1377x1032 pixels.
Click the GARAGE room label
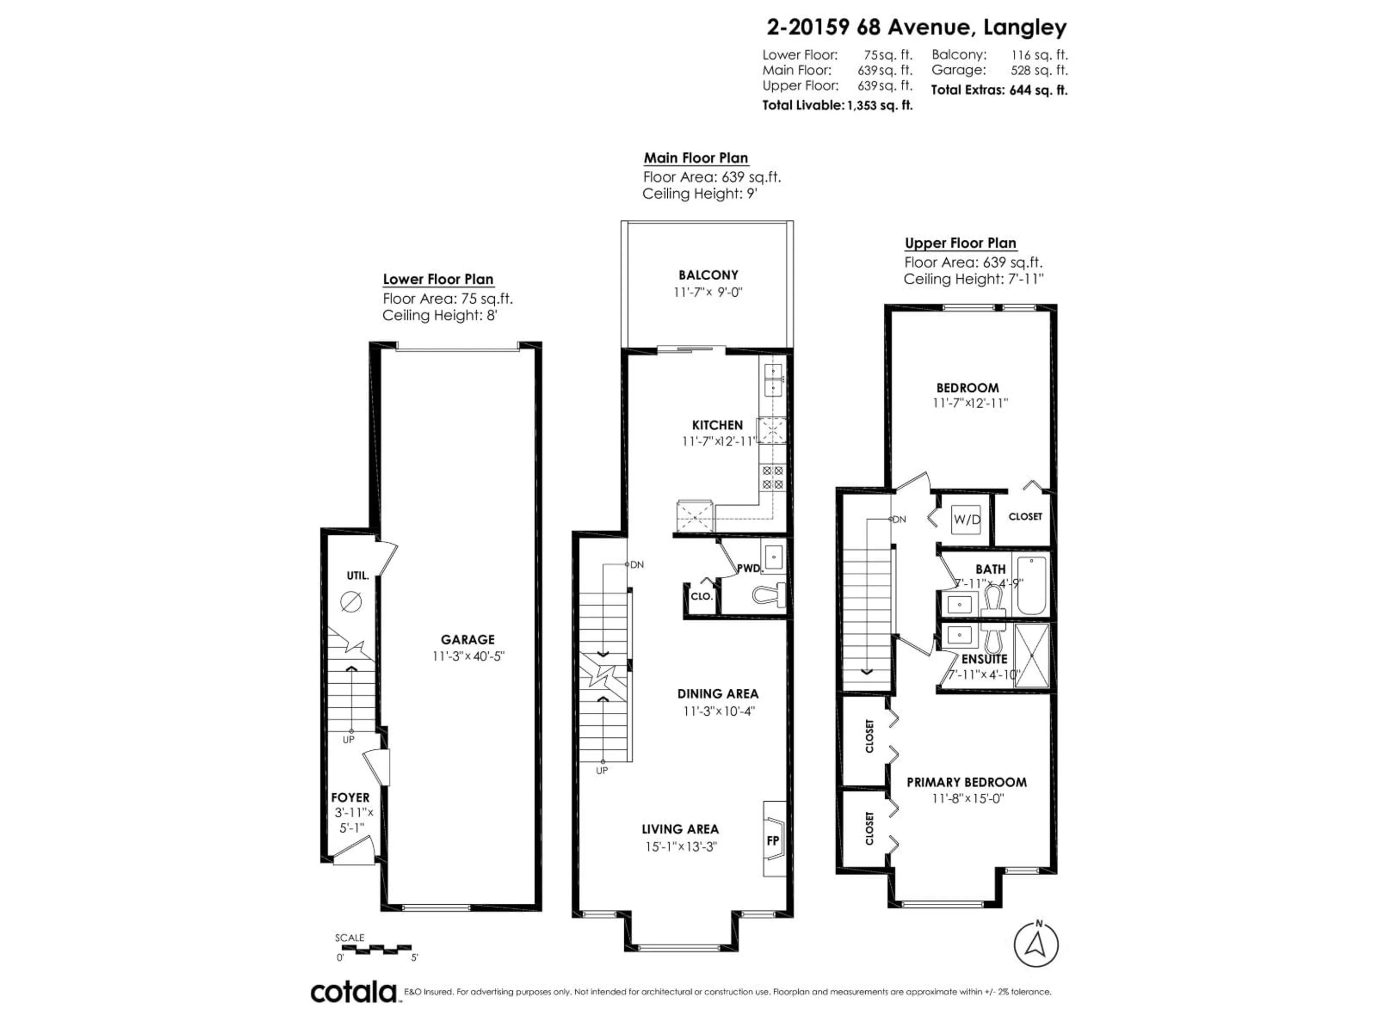tap(468, 640)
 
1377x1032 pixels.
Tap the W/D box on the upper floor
tap(966, 520)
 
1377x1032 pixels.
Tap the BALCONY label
tap(708, 275)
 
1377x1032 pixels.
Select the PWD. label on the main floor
tap(749, 568)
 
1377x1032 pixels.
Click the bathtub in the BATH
tap(1032, 586)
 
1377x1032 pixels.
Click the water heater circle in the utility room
tap(351, 602)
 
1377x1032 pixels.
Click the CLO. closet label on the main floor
tap(701, 596)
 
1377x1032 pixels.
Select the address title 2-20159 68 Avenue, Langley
tap(916, 27)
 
